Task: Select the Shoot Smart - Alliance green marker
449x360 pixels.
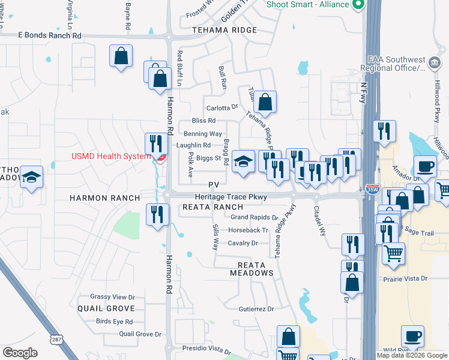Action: tap(359, 5)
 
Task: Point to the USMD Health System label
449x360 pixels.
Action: tap(110, 157)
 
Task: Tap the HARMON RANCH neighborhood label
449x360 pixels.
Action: tap(104, 198)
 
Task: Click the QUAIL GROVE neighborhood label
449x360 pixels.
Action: tap(106, 308)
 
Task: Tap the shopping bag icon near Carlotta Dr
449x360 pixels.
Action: tap(265, 101)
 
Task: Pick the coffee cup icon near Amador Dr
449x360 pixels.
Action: tap(426, 166)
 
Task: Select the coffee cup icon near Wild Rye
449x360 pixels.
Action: tap(412, 336)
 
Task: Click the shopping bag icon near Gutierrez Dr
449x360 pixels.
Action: tap(289, 337)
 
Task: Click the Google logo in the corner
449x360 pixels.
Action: tap(20, 353)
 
